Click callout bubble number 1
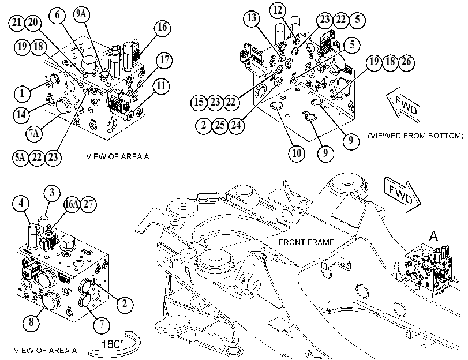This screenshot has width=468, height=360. pyautogui.click(x=22, y=93)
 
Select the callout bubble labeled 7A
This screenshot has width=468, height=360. pyautogui.click(x=33, y=133)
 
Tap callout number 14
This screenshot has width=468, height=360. pyautogui.click(x=21, y=114)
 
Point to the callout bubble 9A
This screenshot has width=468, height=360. pyautogui.click(x=81, y=14)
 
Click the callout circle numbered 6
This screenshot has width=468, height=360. pyautogui.click(x=58, y=14)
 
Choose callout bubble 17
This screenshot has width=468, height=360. pyautogui.click(x=164, y=60)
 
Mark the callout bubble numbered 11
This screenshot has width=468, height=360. pyautogui.click(x=161, y=86)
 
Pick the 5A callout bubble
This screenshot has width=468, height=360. pyautogui.click(x=21, y=157)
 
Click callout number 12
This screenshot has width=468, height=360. pyautogui.click(x=278, y=10)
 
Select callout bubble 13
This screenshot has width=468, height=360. pyautogui.click(x=252, y=18)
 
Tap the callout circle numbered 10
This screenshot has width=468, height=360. pyautogui.click(x=297, y=153)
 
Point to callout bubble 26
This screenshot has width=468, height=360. pyautogui.click(x=406, y=62)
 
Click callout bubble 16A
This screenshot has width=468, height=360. pyautogui.click(x=72, y=204)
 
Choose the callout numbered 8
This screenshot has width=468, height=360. pyautogui.click(x=32, y=322)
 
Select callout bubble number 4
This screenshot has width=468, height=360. pyautogui.click(x=21, y=203)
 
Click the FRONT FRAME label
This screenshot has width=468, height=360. pyautogui.click(x=306, y=242)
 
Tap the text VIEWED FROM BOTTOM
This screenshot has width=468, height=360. pyautogui.click(x=415, y=136)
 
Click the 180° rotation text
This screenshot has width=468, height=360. pyautogui.click(x=113, y=344)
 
